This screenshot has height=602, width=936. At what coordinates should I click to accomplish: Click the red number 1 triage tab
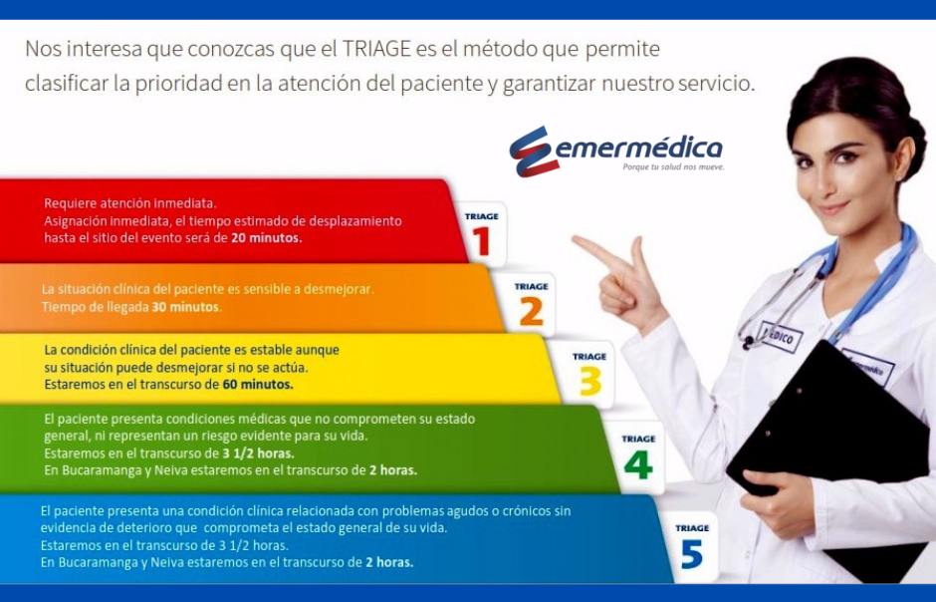(x=481, y=234)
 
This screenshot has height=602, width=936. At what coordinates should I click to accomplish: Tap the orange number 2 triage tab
(x=532, y=304)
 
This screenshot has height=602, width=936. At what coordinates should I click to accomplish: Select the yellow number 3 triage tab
(x=588, y=374)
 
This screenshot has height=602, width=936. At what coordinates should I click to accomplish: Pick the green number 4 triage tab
(x=638, y=456)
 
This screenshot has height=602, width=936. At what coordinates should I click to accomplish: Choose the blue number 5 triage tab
(x=692, y=546)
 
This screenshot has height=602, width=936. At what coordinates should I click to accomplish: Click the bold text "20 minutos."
(x=266, y=237)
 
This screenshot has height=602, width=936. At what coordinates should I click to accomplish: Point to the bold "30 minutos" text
(x=185, y=307)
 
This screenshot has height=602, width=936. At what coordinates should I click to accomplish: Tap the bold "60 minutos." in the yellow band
(x=258, y=384)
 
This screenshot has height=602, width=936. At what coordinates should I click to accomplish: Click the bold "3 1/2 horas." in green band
(x=259, y=453)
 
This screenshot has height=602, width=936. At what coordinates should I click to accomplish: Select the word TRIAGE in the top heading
(x=377, y=49)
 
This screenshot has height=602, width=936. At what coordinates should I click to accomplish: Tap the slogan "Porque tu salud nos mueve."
(x=673, y=167)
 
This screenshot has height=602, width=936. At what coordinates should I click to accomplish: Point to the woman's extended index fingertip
(x=575, y=239)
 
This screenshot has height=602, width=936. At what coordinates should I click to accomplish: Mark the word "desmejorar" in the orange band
(x=339, y=289)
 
